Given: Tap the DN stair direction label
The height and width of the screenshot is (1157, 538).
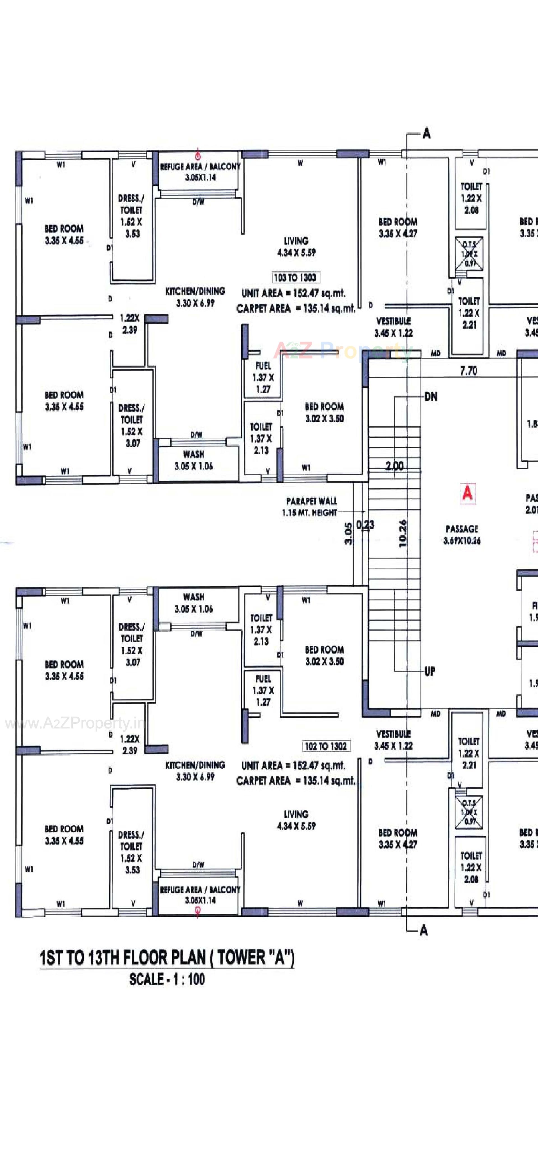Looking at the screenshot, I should [x=431, y=397].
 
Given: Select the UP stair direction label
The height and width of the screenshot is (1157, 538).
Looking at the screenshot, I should [x=430, y=671].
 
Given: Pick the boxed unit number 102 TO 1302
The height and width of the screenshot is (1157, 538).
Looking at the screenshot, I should [x=326, y=746].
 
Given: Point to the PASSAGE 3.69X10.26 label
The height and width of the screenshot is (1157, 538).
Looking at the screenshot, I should [x=462, y=534].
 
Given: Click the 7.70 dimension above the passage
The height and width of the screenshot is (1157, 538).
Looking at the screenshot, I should [x=469, y=371].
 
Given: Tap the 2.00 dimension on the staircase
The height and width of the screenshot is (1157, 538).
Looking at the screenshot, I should [x=394, y=466].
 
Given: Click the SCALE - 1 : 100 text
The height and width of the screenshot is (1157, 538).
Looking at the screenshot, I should [x=167, y=979].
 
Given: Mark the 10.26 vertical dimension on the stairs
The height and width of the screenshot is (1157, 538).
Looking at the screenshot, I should [x=402, y=533].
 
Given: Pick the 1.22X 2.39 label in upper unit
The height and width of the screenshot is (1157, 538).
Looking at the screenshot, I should [x=130, y=324].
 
